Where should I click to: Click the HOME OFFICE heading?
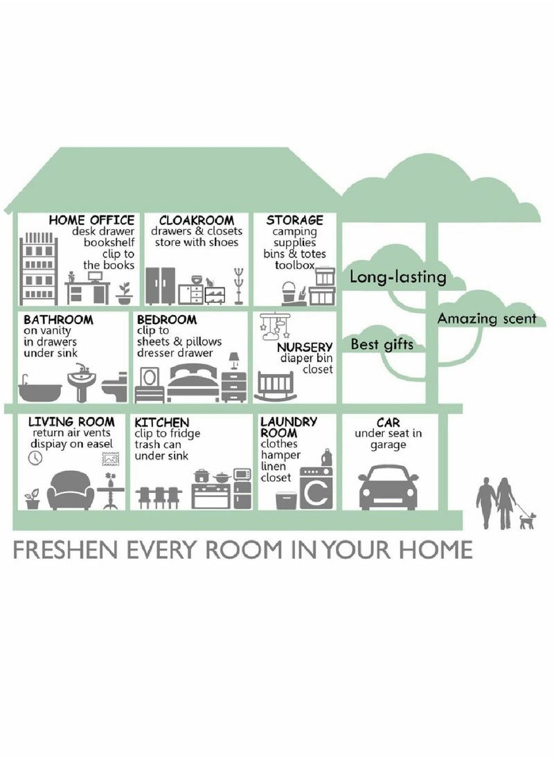pos(91,220)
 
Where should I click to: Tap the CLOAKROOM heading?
pos(197,220)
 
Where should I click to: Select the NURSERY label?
pos(305,347)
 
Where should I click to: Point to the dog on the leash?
pos(527,521)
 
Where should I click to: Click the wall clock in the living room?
pos(35,458)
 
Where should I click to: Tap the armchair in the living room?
pos(71,490)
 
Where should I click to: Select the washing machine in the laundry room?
pos(316,488)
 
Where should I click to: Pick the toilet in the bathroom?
pos(115,387)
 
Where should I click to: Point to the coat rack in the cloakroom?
pos(238,286)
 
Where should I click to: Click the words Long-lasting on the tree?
pos(397,277)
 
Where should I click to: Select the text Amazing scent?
pos(488,319)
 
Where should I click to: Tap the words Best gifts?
pos(382,345)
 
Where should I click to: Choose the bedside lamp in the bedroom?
pos(234,361)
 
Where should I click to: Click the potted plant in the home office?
pos(125,294)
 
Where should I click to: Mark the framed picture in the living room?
pos(110,458)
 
